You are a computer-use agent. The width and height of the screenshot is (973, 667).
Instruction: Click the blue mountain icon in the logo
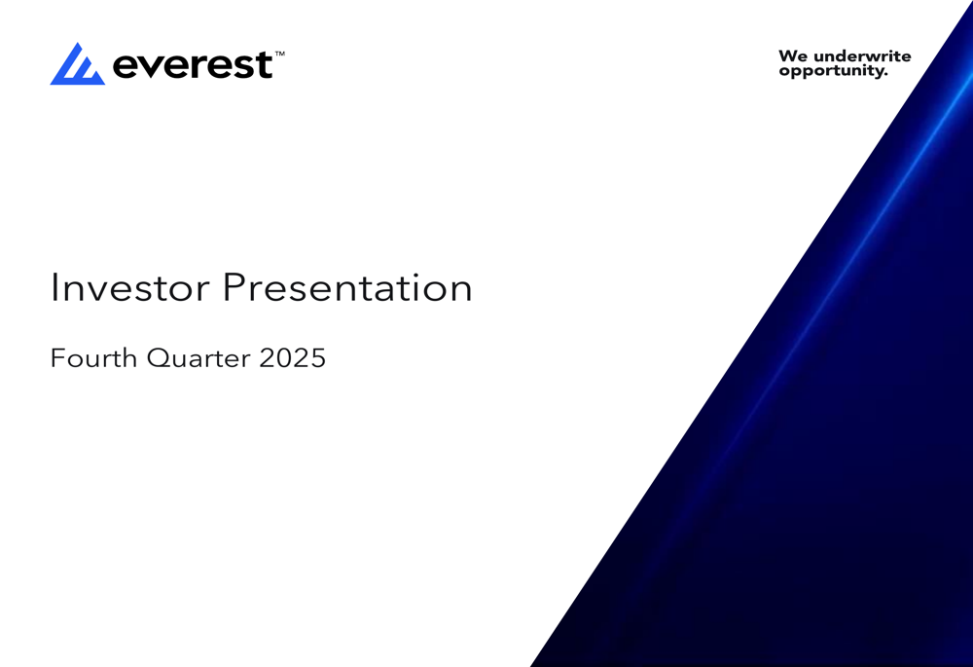click(x=77, y=64)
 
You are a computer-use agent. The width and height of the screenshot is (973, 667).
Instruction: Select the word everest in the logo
click(x=193, y=65)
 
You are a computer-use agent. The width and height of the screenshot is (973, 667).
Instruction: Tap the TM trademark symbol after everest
click(x=280, y=56)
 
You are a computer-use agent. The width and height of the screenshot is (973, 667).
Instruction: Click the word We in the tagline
click(x=793, y=56)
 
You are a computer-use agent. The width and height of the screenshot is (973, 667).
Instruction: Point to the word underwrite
click(x=862, y=56)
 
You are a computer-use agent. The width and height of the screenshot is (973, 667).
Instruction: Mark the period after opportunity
click(x=885, y=75)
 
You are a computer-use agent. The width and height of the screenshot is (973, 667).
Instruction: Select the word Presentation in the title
click(x=347, y=288)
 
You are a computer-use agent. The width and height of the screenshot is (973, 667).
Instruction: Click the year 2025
click(x=293, y=358)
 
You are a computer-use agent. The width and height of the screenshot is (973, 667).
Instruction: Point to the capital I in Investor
click(x=54, y=287)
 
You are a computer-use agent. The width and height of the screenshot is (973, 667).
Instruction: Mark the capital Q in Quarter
click(x=158, y=358)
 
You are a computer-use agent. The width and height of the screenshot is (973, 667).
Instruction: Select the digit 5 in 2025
click(x=317, y=358)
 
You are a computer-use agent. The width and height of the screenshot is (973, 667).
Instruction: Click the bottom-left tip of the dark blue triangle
click(x=532, y=664)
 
